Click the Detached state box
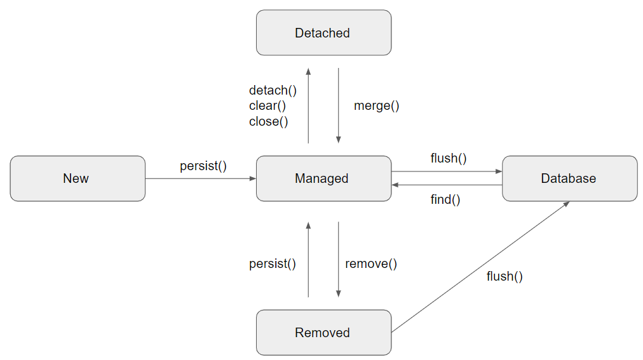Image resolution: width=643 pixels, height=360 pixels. click(x=323, y=33)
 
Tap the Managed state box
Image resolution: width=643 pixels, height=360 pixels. click(x=323, y=178)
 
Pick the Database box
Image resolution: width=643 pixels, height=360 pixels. click(x=569, y=178)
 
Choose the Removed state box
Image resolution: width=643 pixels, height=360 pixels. click(x=323, y=332)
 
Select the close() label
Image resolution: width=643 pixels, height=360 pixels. click(x=268, y=121)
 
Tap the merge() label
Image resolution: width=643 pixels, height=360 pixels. click(x=376, y=106)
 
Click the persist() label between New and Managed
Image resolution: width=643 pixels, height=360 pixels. click(x=203, y=166)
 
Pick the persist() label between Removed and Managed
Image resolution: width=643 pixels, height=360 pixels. click(x=273, y=263)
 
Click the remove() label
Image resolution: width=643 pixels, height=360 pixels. click(x=371, y=263)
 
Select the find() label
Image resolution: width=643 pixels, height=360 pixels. click(x=445, y=199)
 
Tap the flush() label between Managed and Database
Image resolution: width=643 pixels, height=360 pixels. click(x=449, y=158)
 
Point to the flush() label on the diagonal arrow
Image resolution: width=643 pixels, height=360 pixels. click(x=504, y=276)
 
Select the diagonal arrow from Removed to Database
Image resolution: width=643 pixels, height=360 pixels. click(x=480, y=267)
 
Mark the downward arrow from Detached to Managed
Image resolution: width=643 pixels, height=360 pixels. click(x=338, y=105)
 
